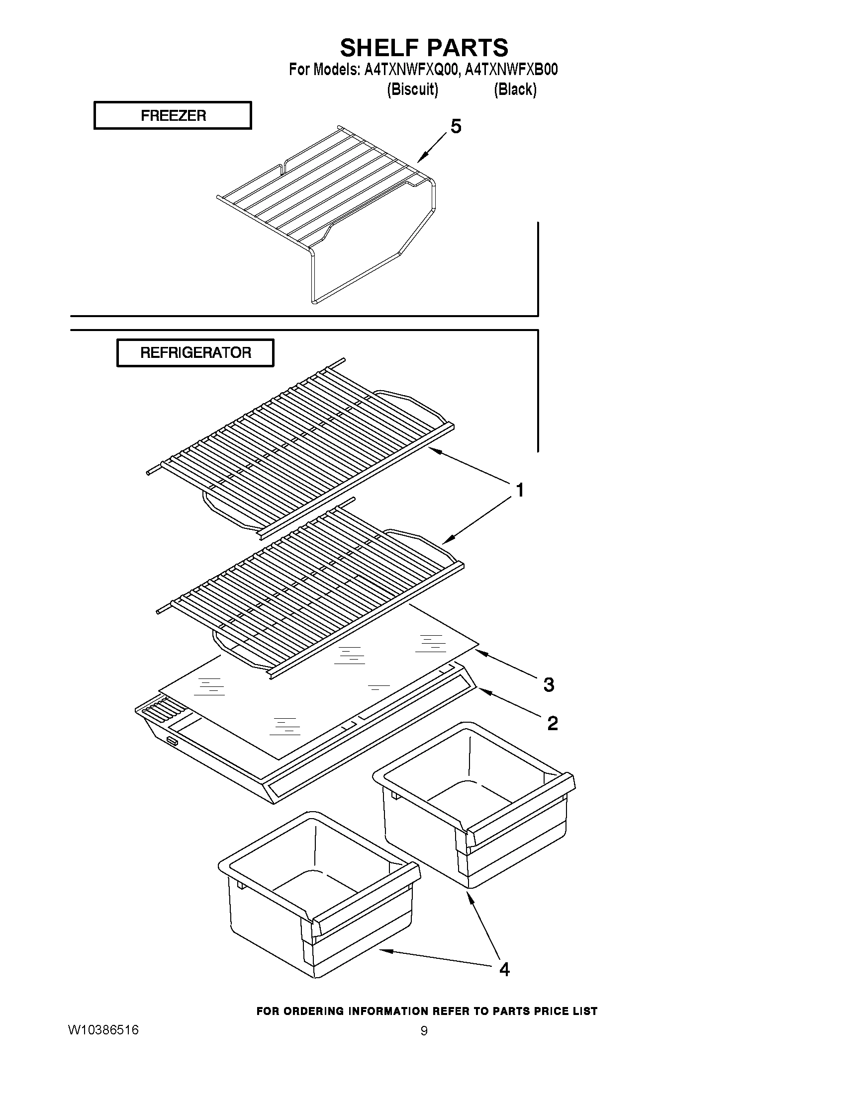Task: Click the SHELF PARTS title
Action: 424,48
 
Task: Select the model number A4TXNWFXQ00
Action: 410,70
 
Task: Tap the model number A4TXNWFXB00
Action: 511,70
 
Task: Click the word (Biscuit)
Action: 412,89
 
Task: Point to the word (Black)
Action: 515,89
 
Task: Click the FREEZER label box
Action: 173,116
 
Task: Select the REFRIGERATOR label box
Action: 195,352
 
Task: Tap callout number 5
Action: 456,127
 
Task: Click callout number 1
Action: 520,490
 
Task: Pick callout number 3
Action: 549,684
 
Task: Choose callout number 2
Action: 552,723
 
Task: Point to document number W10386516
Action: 103,1030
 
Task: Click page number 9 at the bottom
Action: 424,1031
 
